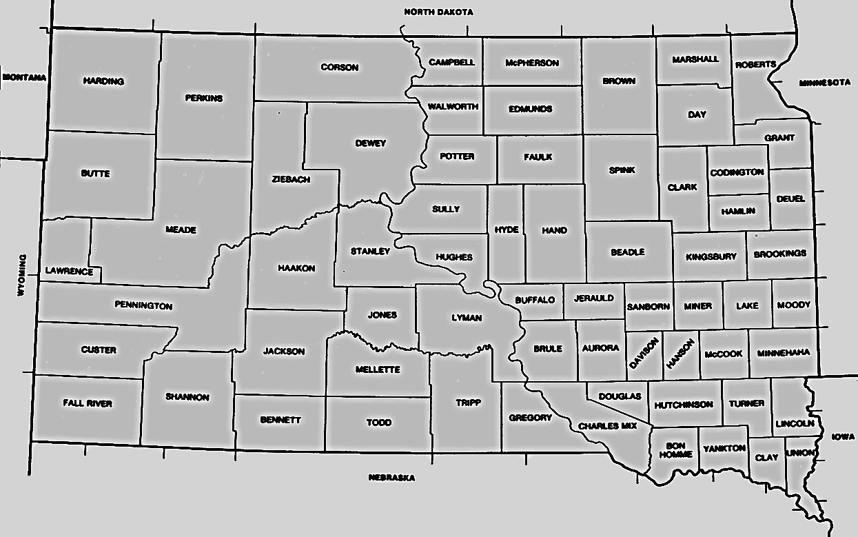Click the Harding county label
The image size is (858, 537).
[x=103, y=81]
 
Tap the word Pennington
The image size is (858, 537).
[x=143, y=305]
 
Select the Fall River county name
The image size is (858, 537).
[x=87, y=403]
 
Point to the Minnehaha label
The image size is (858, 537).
[x=783, y=353]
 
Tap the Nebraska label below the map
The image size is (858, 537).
[x=391, y=478]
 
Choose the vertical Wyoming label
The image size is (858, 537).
[x=21, y=275]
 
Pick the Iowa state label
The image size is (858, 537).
[x=843, y=437]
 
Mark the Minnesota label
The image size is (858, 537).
[x=825, y=83]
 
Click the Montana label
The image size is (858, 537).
[x=24, y=77]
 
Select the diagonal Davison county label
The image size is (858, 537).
[x=644, y=354]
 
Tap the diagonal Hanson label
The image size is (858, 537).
[x=681, y=354]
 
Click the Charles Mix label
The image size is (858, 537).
[x=607, y=426]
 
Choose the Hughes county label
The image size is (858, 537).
[x=454, y=257]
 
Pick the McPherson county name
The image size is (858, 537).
[x=531, y=63]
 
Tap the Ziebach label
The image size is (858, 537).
[x=291, y=179]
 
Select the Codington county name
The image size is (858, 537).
[x=737, y=172]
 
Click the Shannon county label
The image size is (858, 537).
[x=187, y=397]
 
